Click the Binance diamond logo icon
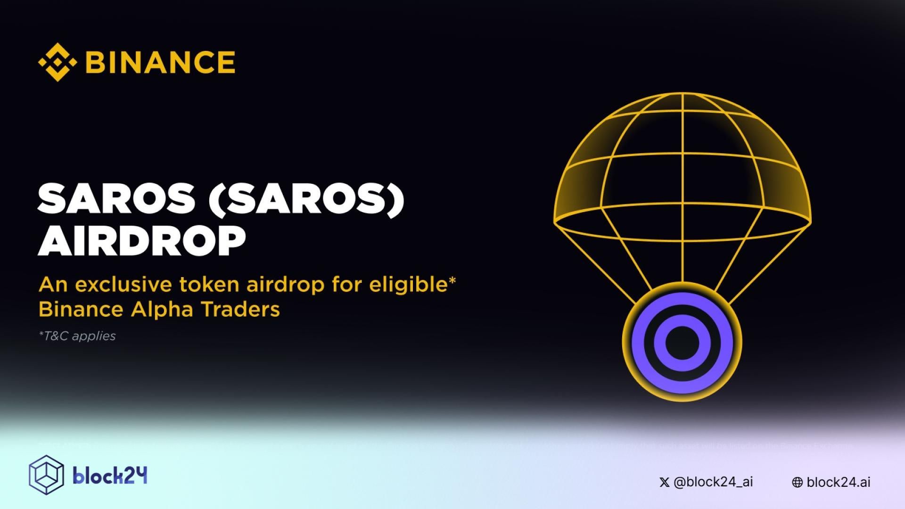[x=57, y=62]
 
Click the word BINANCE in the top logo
[x=160, y=62]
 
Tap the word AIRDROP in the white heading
[x=141, y=241]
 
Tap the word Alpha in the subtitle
[x=162, y=310]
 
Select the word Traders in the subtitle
[x=240, y=310]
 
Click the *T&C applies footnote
[x=77, y=336]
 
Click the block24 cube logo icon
[x=46, y=475]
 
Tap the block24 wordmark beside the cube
[x=110, y=476]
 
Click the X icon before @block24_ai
[x=664, y=482]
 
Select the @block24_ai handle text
[x=713, y=482]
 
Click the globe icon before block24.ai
[x=797, y=482]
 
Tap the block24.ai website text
[x=839, y=482]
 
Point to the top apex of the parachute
[x=682, y=93]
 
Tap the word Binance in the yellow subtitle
[x=81, y=310]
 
